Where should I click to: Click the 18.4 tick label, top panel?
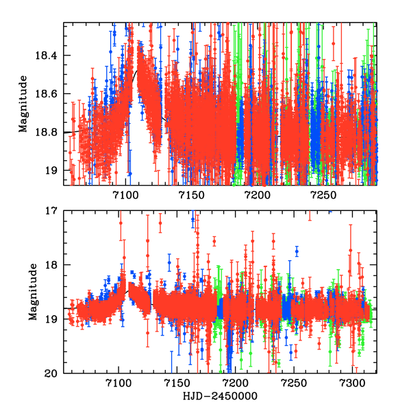pos(49,55)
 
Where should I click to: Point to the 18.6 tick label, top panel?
pos(49,94)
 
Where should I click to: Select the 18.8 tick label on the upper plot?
pos(49,132)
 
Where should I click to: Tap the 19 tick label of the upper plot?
pos(54,171)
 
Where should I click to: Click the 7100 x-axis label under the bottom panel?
pos(119,385)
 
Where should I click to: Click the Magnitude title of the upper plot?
pos(23,103)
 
